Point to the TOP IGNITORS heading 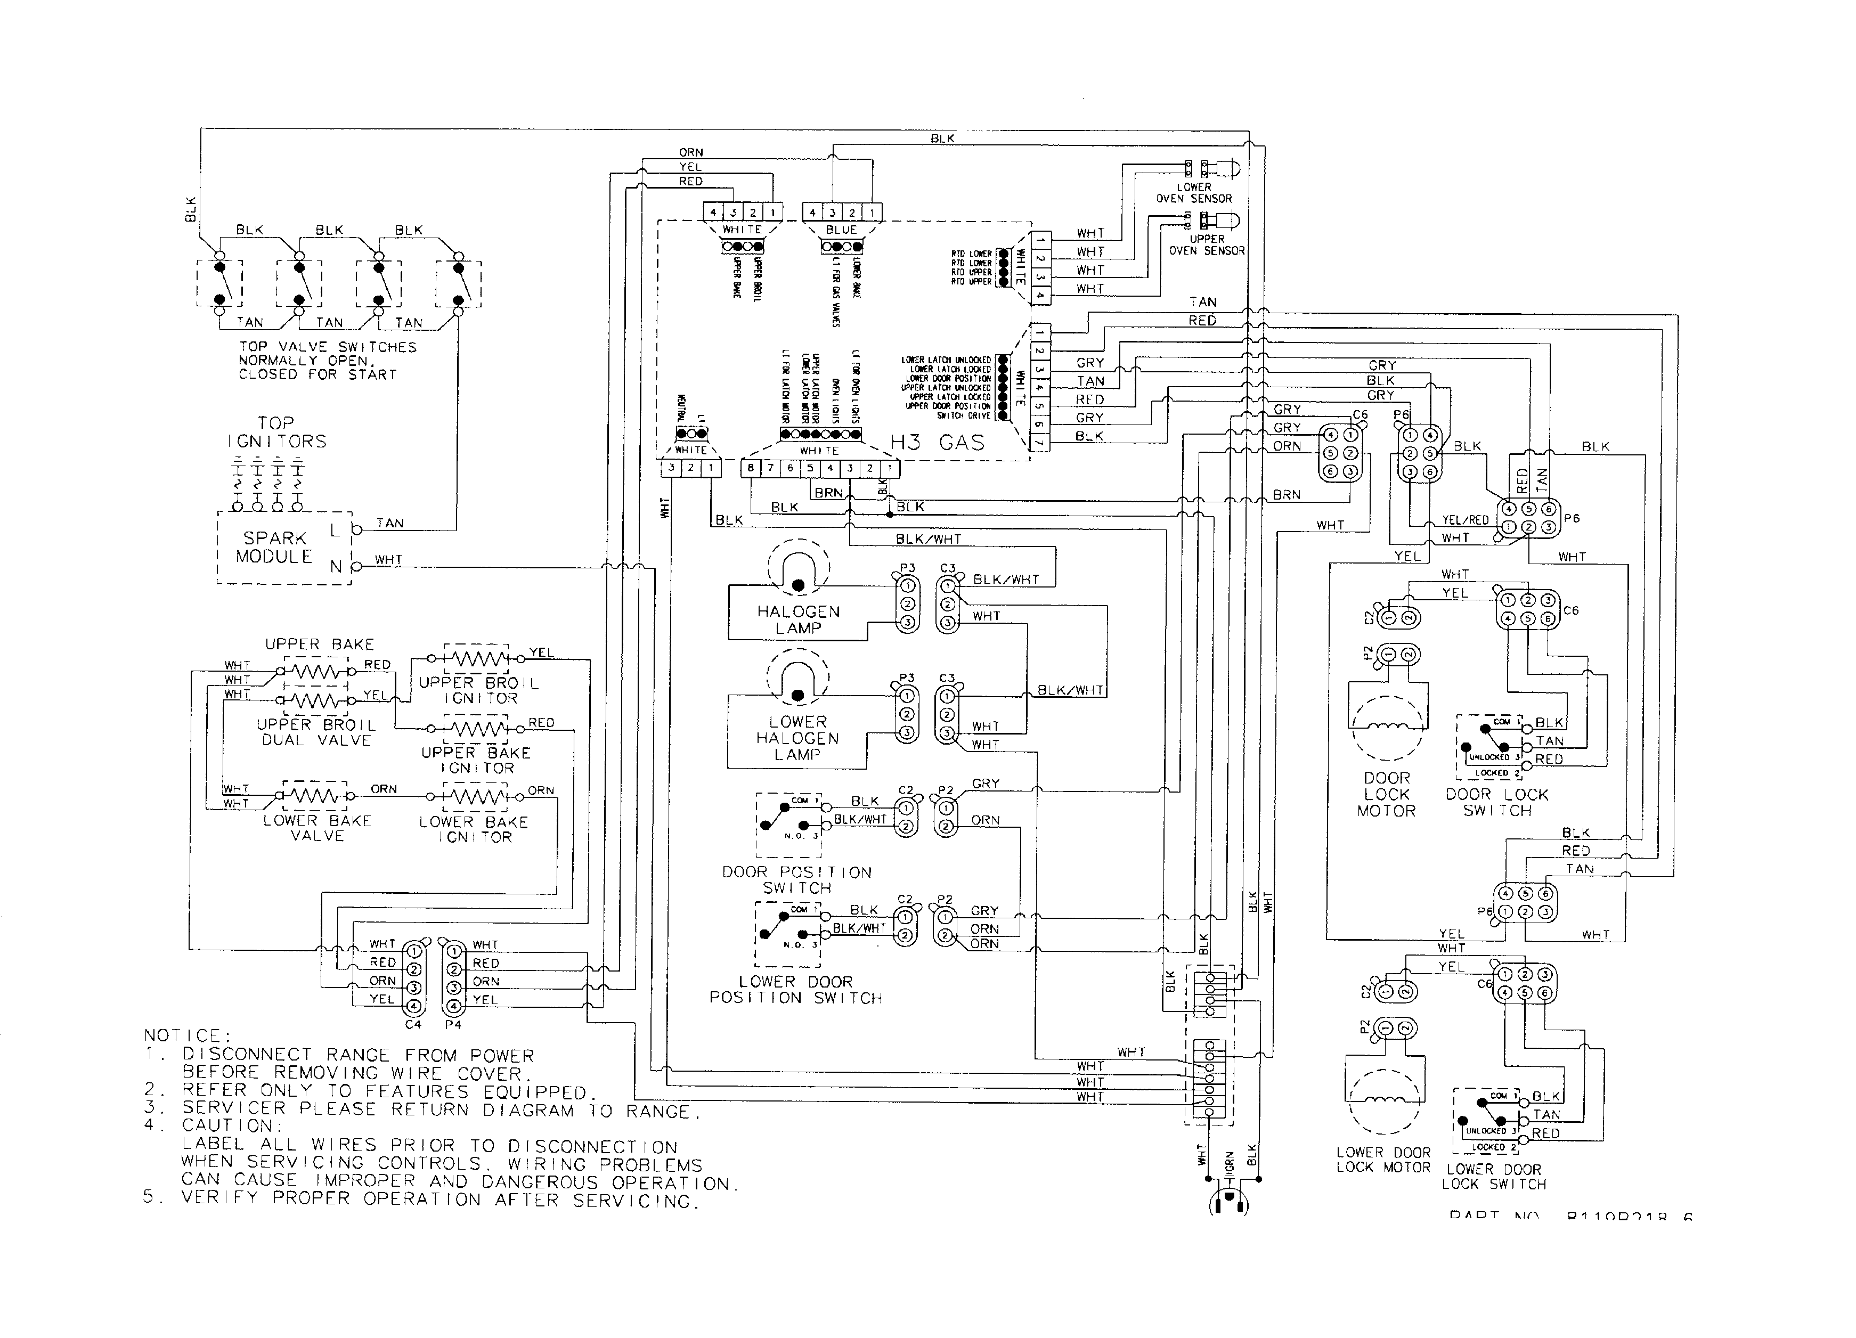click(276, 432)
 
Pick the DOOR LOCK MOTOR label click(1386, 795)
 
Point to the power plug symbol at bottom click(1228, 1201)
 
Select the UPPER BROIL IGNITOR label click(479, 690)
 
